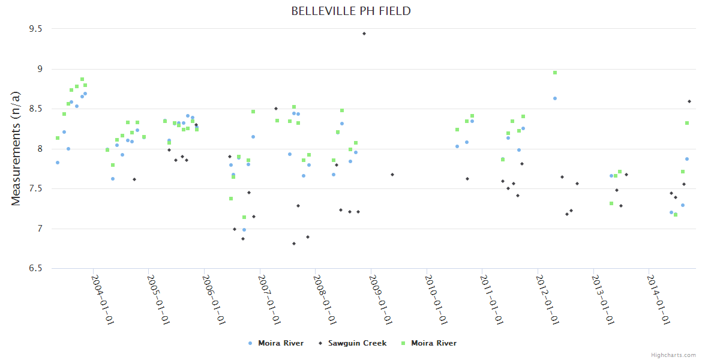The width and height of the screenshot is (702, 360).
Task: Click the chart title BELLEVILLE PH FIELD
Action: [351, 11]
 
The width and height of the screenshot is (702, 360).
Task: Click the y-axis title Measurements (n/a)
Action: [16, 148]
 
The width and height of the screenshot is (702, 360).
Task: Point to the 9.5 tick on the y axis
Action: [37, 29]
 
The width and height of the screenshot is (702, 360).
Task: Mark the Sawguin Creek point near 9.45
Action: [364, 34]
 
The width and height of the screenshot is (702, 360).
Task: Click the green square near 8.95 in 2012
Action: [555, 73]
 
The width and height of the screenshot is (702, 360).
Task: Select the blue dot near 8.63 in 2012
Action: [555, 98]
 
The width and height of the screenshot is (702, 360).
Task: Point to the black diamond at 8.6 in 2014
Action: [689, 101]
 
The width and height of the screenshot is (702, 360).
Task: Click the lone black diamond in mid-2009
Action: [392, 175]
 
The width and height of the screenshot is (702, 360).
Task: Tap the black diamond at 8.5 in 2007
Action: [276, 109]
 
